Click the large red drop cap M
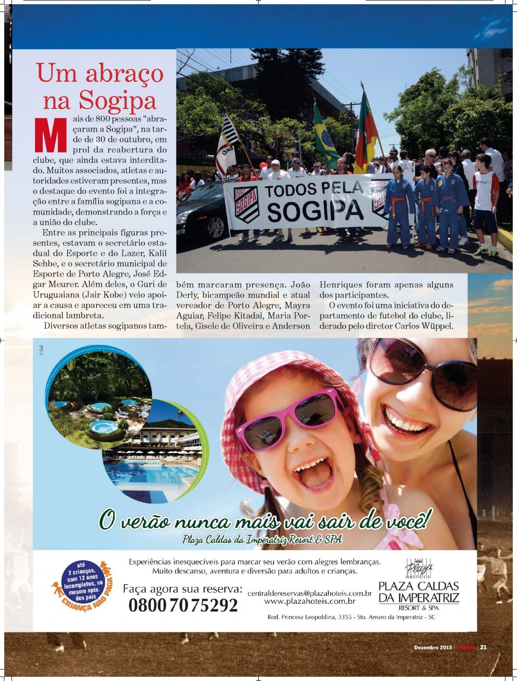(51, 135)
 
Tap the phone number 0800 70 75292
(183, 605)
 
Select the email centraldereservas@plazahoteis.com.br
(309, 593)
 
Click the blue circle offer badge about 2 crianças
(81, 579)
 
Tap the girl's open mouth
(313, 473)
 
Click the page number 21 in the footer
(483, 648)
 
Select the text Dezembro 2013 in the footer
(432, 648)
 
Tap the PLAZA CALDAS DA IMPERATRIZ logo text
(418, 592)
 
